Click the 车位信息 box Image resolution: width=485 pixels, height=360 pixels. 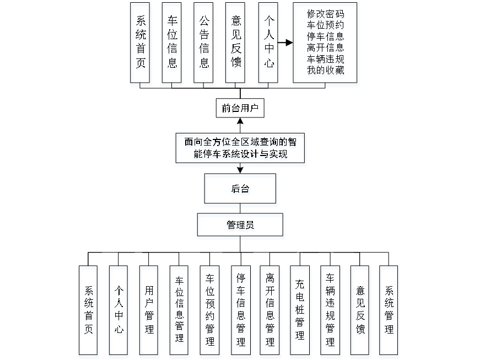[x=173, y=44]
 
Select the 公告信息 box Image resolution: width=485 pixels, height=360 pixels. [x=204, y=44]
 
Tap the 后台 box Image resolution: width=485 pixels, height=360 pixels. [x=241, y=191]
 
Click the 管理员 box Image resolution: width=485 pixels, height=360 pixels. [x=241, y=227]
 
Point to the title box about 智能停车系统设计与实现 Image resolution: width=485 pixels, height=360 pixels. [x=240, y=149]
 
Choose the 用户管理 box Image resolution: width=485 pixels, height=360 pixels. [x=149, y=311]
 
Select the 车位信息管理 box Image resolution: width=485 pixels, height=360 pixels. [x=179, y=311]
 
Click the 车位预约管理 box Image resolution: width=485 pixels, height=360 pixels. [x=210, y=311]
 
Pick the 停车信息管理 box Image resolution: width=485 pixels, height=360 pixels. [x=240, y=311]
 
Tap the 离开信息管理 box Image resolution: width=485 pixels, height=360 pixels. [x=270, y=311]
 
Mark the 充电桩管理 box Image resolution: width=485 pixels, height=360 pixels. [x=300, y=311]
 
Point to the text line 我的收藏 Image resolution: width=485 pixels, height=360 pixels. [x=326, y=71]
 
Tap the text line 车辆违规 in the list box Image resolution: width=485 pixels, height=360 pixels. [x=326, y=59]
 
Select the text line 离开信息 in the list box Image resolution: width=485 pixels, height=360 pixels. [x=326, y=48]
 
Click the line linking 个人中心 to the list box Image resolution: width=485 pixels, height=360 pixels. [x=285, y=42]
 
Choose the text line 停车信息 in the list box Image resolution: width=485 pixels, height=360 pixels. [x=326, y=37]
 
